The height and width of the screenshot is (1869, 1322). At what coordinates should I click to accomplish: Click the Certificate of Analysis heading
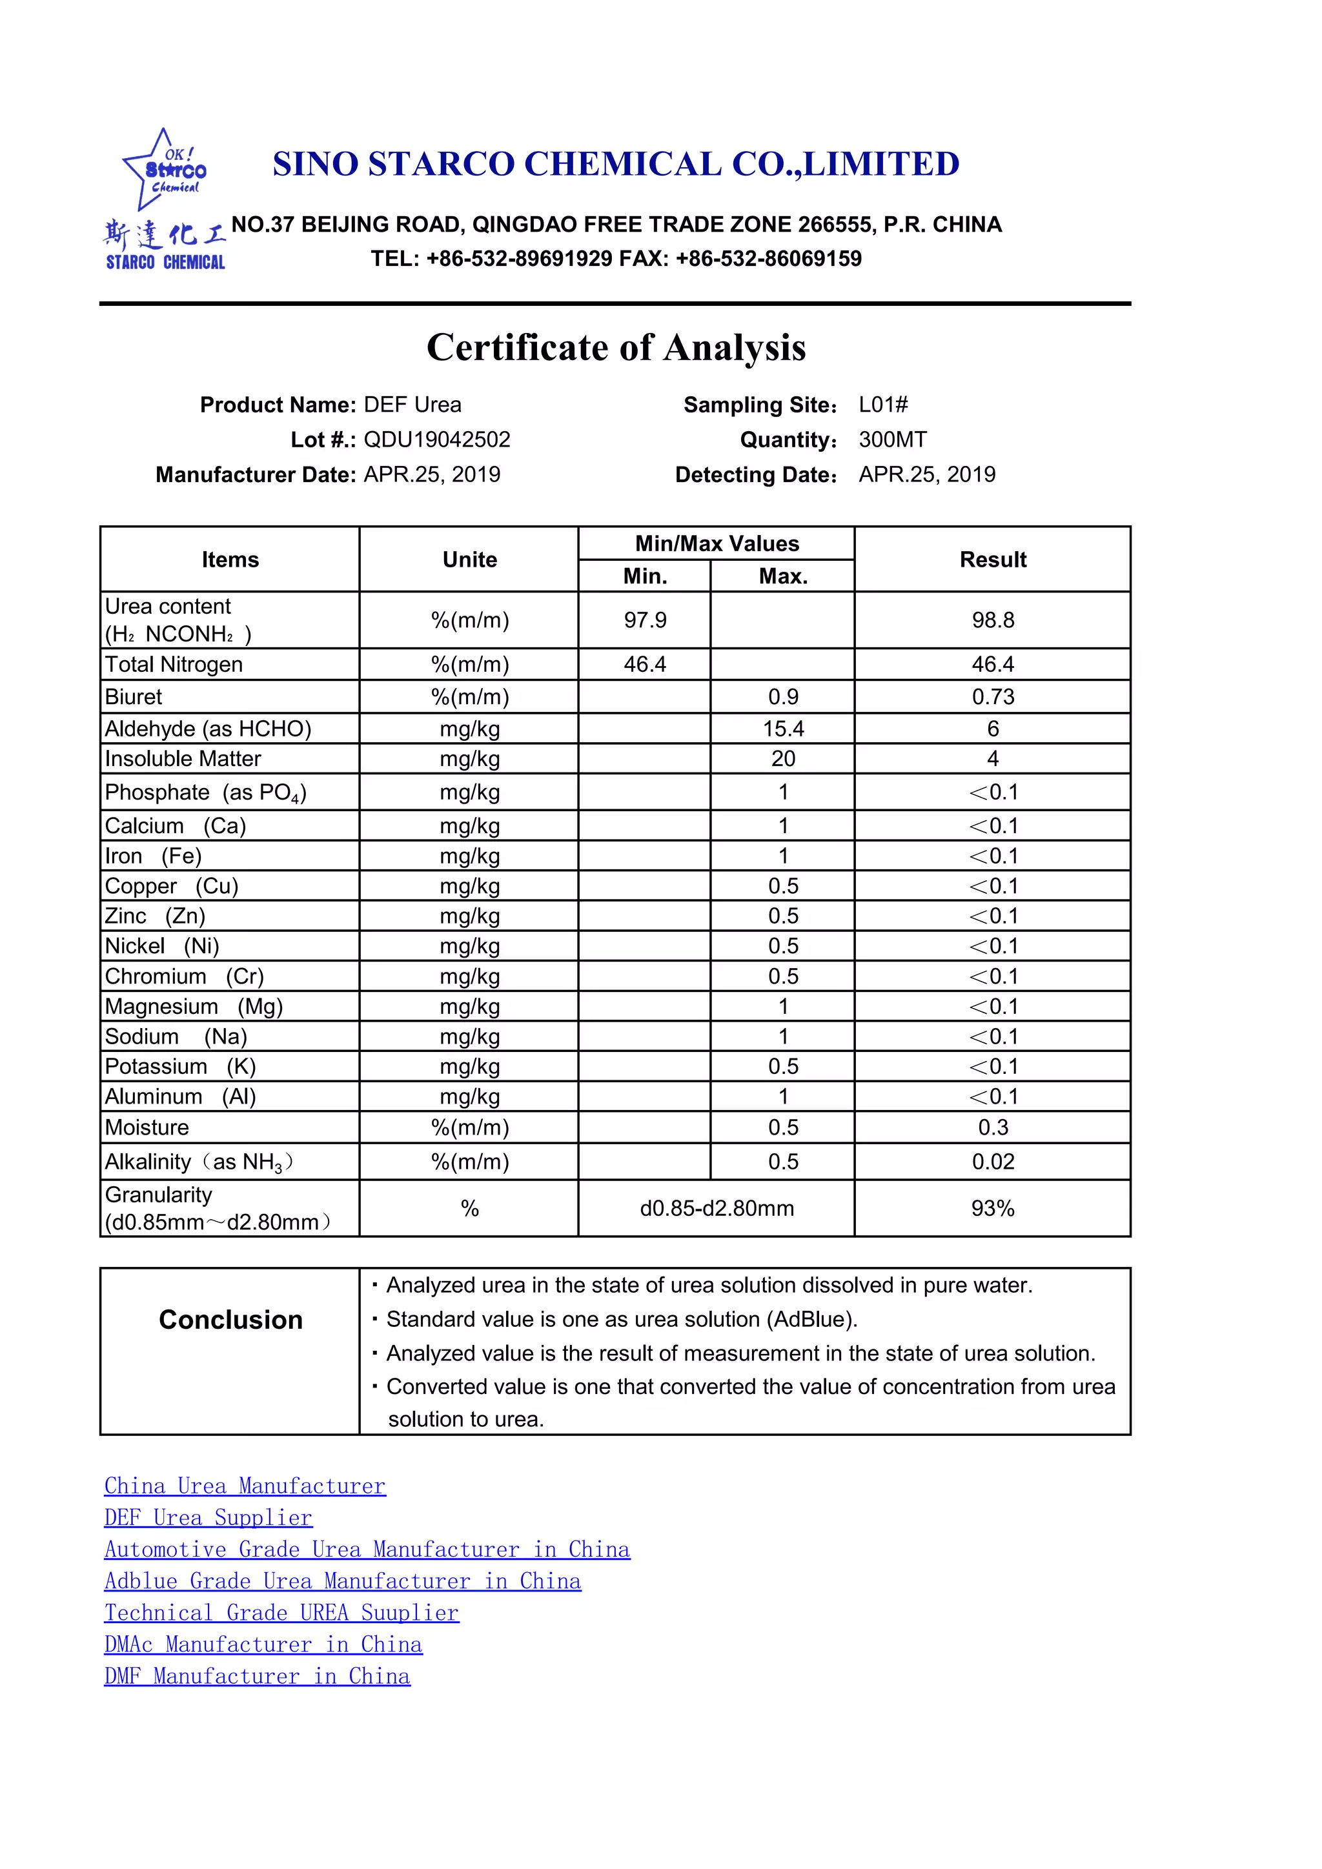coord(616,348)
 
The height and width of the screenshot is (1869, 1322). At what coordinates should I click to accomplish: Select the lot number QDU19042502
coord(436,439)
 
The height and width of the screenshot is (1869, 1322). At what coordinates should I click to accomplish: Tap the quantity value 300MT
coord(892,439)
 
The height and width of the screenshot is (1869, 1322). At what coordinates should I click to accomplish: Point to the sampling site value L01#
coord(883,405)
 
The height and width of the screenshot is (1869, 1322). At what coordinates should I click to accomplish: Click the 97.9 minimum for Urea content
coord(645,620)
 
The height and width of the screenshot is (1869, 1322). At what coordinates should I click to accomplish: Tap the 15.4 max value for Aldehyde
coord(782,729)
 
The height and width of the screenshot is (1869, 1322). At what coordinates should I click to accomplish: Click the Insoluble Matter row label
coord(183,759)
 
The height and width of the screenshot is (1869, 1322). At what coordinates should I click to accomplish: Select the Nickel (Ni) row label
coord(162,946)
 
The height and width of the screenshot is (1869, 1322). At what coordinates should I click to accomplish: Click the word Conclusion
coord(230,1320)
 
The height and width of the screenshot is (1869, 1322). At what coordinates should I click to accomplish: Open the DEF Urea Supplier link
coord(208,1517)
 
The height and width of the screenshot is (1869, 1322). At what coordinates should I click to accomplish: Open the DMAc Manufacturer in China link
coord(263,1644)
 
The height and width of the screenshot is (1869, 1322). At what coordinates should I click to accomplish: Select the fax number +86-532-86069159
coord(768,259)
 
